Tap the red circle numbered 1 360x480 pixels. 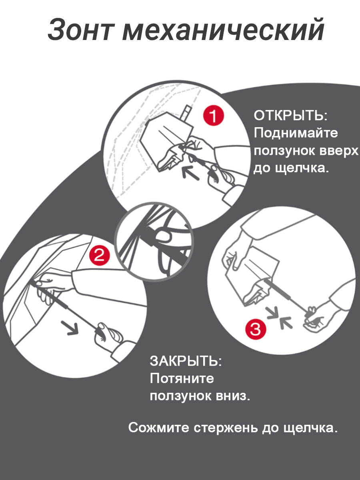click(213, 116)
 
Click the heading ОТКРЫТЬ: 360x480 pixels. click(291, 116)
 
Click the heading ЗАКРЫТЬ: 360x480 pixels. click(186, 361)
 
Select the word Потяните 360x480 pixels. click(182, 378)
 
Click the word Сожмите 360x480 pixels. click(159, 428)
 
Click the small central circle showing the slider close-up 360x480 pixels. click(154, 241)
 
